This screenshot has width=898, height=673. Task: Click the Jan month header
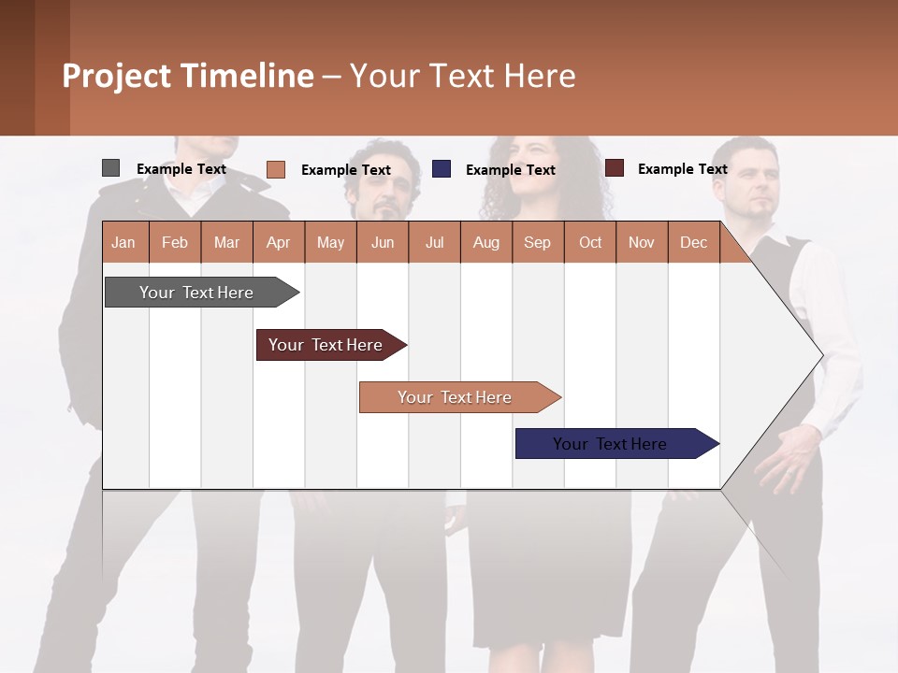124,243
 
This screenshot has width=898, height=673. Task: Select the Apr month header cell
279,243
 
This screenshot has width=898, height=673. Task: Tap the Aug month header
485,243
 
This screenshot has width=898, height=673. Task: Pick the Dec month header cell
693,243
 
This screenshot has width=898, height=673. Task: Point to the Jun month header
383,243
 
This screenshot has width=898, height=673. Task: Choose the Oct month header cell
590,243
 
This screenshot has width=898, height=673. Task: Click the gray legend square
110,168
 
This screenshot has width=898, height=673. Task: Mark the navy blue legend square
442,169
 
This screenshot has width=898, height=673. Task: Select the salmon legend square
275,169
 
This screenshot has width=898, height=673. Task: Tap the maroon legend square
615,168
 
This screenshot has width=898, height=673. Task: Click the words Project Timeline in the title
187,76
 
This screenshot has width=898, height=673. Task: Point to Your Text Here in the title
462,76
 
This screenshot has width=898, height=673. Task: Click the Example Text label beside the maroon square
682,169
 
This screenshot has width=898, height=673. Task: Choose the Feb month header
175,243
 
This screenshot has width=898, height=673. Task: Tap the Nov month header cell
642,243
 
